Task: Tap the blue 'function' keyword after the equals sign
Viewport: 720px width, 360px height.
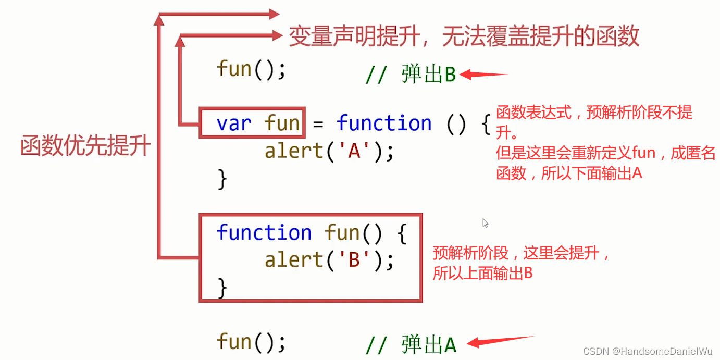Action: tap(384, 123)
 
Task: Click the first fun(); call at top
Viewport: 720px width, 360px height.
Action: tap(251, 69)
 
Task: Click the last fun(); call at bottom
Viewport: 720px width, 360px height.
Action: tap(251, 342)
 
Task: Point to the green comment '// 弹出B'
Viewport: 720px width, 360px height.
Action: tap(411, 75)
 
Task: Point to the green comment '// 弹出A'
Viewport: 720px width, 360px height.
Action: tap(411, 344)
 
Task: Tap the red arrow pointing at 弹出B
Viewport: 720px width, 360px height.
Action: tap(483, 75)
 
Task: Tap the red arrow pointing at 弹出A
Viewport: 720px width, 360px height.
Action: tap(500, 341)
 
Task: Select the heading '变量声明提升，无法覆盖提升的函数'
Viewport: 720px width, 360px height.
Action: tap(464, 37)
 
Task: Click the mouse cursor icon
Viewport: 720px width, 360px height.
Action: tap(485, 223)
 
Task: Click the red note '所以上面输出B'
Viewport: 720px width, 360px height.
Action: tap(482, 273)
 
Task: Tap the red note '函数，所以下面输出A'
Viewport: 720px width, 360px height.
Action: tap(569, 173)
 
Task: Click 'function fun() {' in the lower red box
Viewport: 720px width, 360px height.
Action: tap(311, 232)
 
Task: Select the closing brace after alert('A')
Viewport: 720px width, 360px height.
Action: tap(222, 179)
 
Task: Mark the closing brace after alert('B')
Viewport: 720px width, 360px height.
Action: tap(222, 287)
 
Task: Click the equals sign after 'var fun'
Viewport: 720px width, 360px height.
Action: tap(318, 123)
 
